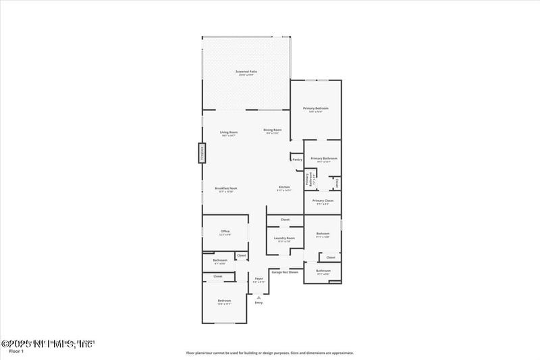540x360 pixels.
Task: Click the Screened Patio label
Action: coord(246,71)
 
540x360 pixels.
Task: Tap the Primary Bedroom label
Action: coord(316,109)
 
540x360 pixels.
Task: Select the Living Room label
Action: coord(229,132)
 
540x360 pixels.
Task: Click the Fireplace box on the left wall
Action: coord(201,153)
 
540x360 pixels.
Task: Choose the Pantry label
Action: coord(297,160)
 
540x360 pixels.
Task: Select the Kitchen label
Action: coord(283,188)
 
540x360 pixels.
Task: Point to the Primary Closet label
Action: coord(323,201)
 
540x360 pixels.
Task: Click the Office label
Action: coord(225,232)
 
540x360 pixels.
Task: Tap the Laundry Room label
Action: coord(285,238)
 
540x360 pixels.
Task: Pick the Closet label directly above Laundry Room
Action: coord(285,220)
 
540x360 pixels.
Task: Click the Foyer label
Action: coord(259,279)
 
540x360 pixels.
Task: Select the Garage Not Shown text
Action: coord(285,272)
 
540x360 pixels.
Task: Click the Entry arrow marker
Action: coord(259,296)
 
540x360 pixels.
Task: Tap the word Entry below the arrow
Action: coord(259,302)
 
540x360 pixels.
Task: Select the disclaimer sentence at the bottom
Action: coord(270,353)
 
